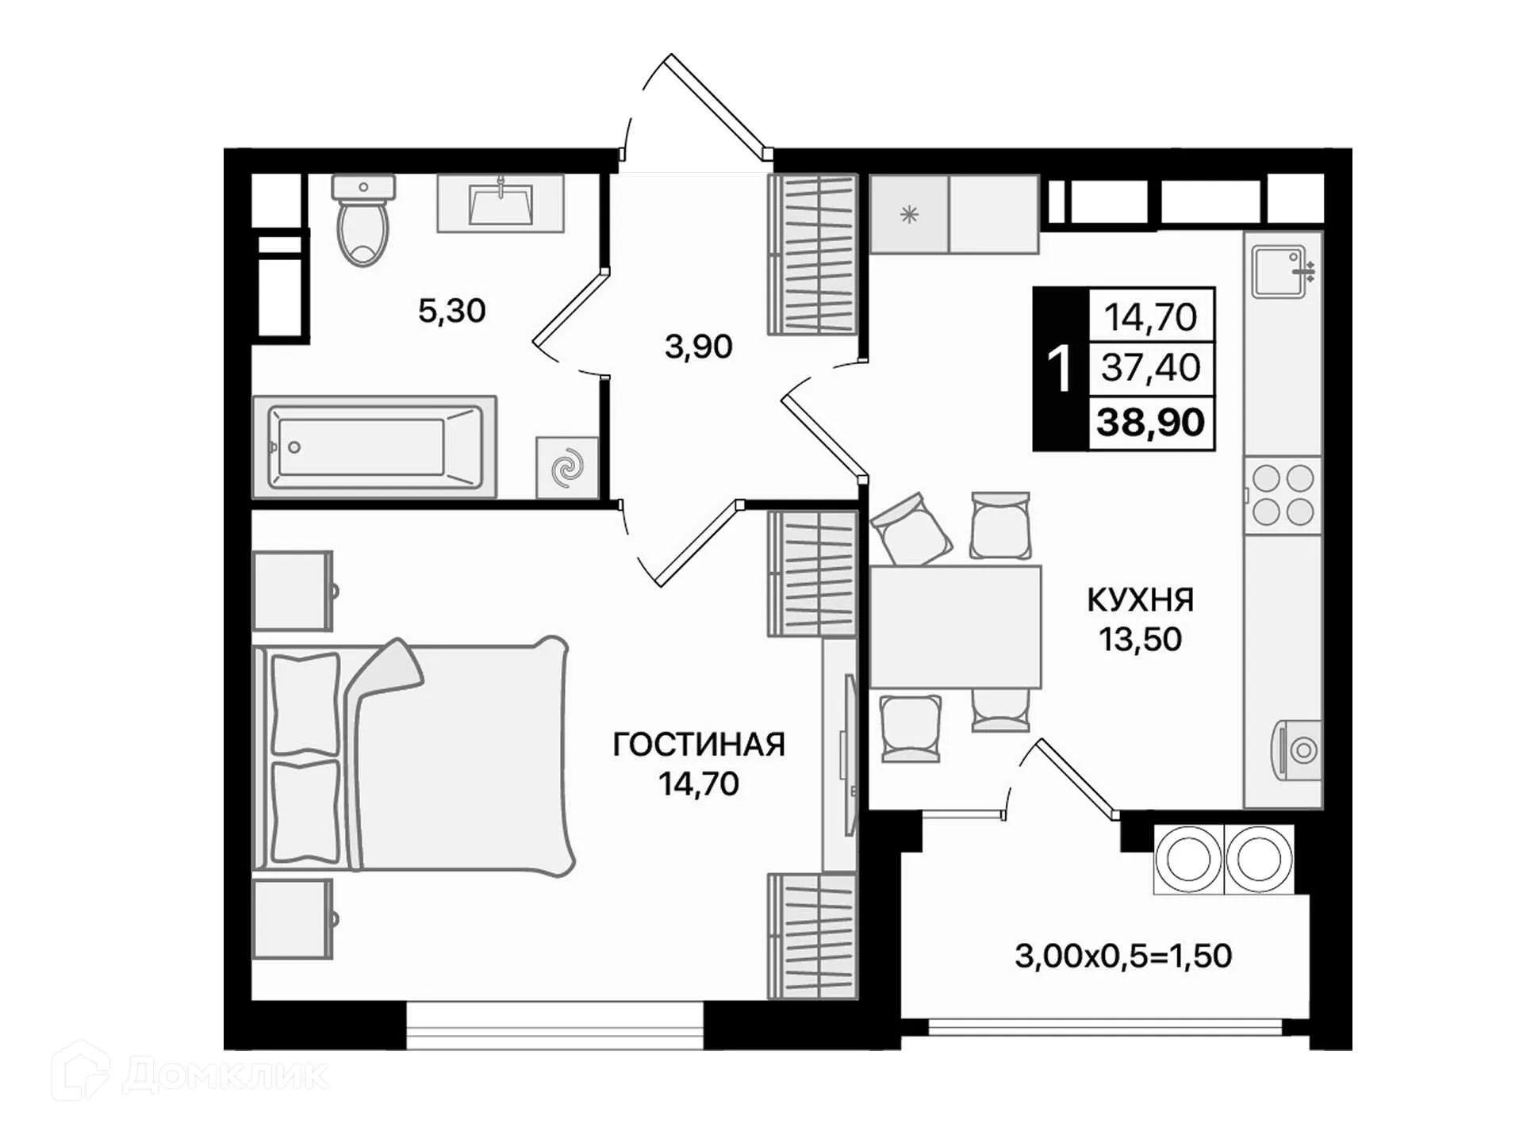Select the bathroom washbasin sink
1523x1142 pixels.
[501, 204]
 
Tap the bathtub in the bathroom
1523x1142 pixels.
[374, 447]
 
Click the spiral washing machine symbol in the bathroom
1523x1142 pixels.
[567, 467]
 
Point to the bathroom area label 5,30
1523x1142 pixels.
[451, 311]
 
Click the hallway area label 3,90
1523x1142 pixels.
[698, 347]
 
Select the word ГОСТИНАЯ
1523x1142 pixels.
[699, 745]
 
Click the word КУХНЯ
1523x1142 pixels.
[1140, 600]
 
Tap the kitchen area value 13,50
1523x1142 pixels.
[1140, 639]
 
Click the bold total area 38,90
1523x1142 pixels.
[1150, 422]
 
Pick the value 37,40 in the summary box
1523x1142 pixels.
[1150, 368]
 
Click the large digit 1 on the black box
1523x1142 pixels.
[1059, 370]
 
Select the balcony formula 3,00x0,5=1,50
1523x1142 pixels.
[1123, 956]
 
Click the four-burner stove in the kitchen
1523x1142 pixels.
[1283, 496]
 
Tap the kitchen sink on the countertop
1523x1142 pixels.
[1279, 271]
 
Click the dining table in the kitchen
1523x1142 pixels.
[955, 627]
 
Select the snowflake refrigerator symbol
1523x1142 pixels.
[909, 214]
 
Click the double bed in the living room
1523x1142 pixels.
[412, 757]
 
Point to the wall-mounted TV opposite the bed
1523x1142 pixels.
[849, 753]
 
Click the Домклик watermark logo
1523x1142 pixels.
[190, 1075]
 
